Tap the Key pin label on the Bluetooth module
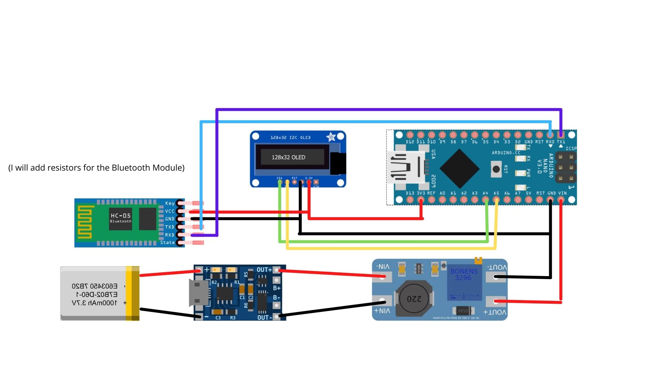pyautogui.click(x=170, y=203)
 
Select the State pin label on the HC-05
pyautogui.click(x=167, y=243)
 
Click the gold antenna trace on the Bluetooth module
pyautogui.click(x=85, y=222)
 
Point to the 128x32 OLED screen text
pyautogui.click(x=289, y=157)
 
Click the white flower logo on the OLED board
pyautogui.click(x=331, y=137)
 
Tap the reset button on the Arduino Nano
pyautogui.click(x=496, y=169)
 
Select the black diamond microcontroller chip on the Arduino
pyautogui.click(x=459, y=168)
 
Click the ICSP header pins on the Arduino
pyautogui.click(x=566, y=168)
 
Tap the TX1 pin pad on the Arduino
pyautogui.click(x=561, y=135)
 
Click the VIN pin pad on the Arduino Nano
pyautogui.click(x=561, y=200)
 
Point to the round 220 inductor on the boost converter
pyautogui.click(x=414, y=298)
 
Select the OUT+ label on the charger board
pyautogui.click(x=264, y=270)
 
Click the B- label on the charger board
pyautogui.click(x=276, y=297)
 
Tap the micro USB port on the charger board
pyautogui.click(x=198, y=293)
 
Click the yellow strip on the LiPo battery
pyautogui.click(x=133, y=293)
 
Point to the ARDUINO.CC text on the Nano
pyautogui.click(x=506, y=153)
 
